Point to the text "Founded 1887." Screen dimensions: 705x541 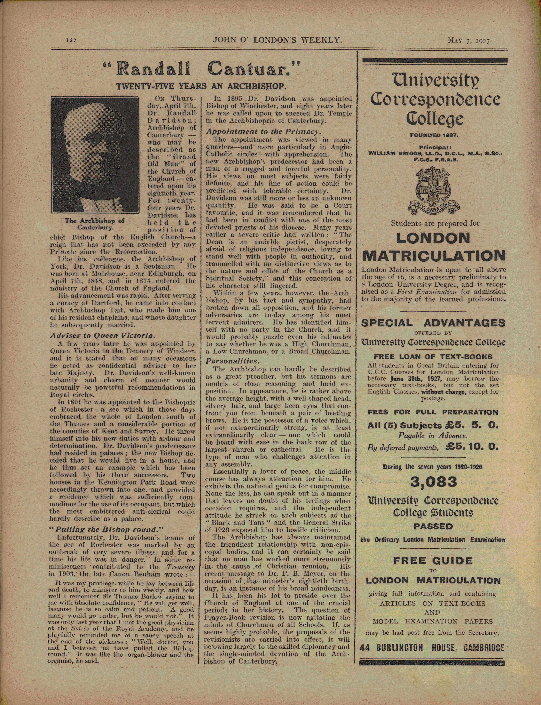tap(434, 135)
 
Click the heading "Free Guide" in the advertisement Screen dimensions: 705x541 tap(433, 561)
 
